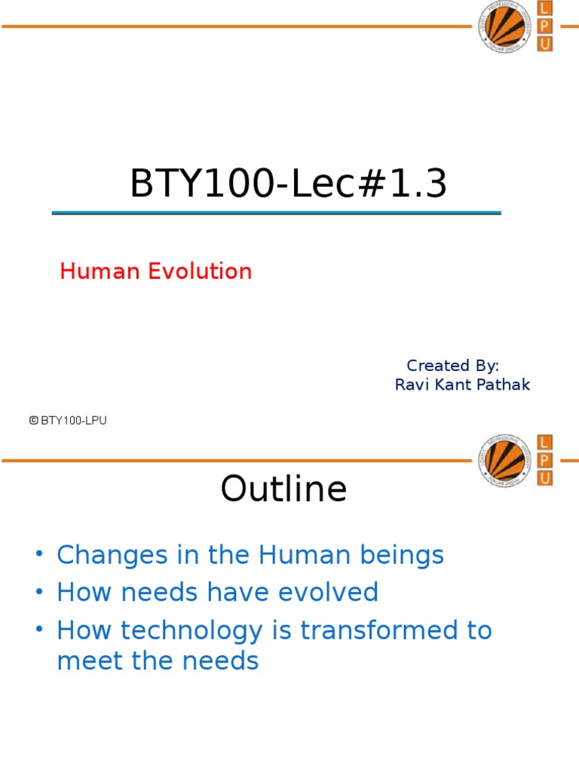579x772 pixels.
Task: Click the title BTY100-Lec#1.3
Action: pyautogui.click(x=289, y=183)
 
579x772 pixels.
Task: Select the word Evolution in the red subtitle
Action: pyautogui.click(x=200, y=271)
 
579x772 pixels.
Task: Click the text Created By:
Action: pyautogui.click(x=452, y=366)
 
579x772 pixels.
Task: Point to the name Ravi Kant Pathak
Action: pyautogui.click(x=462, y=384)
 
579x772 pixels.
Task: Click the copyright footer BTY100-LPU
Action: pyautogui.click(x=68, y=421)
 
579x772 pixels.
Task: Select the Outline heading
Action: pyautogui.click(x=283, y=489)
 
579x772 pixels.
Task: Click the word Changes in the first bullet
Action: pyautogui.click(x=112, y=556)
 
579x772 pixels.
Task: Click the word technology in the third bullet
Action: pyautogui.click(x=191, y=631)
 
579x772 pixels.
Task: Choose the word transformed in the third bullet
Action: pyautogui.click(x=380, y=630)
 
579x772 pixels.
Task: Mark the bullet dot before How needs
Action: pyautogui.click(x=39, y=591)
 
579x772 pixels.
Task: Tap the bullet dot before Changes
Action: pyautogui.click(x=39, y=554)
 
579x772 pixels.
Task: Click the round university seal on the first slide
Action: pyautogui.click(x=505, y=26)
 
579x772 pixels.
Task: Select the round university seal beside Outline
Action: pyautogui.click(x=505, y=461)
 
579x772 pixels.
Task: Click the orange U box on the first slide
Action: pyautogui.click(x=544, y=44)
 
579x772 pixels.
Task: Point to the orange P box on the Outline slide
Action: pyautogui.click(x=544, y=461)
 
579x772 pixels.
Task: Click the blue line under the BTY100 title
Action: pyautogui.click(x=276, y=213)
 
